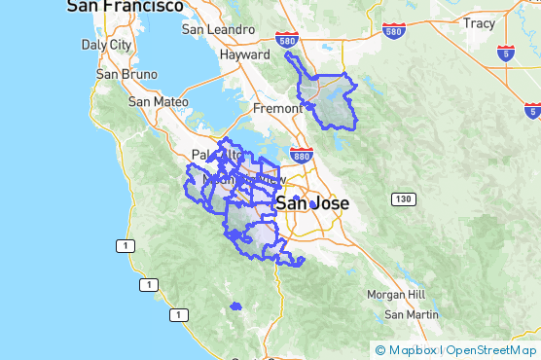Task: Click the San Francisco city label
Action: pyautogui.click(x=125, y=7)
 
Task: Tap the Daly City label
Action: pyautogui.click(x=107, y=45)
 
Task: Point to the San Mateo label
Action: pyautogui.click(x=157, y=100)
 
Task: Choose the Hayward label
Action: pyautogui.click(x=244, y=55)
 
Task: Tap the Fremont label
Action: pyautogui.click(x=277, y=108)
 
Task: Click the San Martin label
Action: pyautogui.click(x=411, y=314)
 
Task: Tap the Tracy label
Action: pyautogui.click(x=479, y=22)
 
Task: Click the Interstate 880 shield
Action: pyautogui.click(x=302, y=155)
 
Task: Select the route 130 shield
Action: pyautogui.click(x=404, y=199)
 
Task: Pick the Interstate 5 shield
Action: pyautogui.click(x=506, y=54)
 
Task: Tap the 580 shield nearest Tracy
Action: pyautogui.click(x=393, y=31)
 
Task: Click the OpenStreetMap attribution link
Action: pyautogui.click(x=491, y=350)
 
